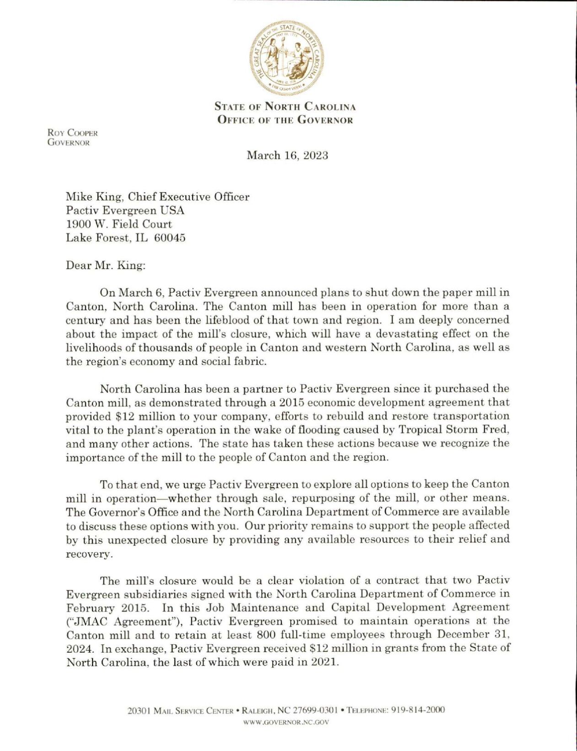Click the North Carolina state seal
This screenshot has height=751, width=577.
286,56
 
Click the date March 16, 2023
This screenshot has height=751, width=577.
287,155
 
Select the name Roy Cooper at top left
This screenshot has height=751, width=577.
73,133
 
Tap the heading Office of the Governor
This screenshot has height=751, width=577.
285,120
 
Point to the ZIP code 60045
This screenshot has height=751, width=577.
170,238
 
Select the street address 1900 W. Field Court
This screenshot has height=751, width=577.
119,224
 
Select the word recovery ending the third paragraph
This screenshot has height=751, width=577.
88,554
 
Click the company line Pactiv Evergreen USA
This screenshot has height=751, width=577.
125,211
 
